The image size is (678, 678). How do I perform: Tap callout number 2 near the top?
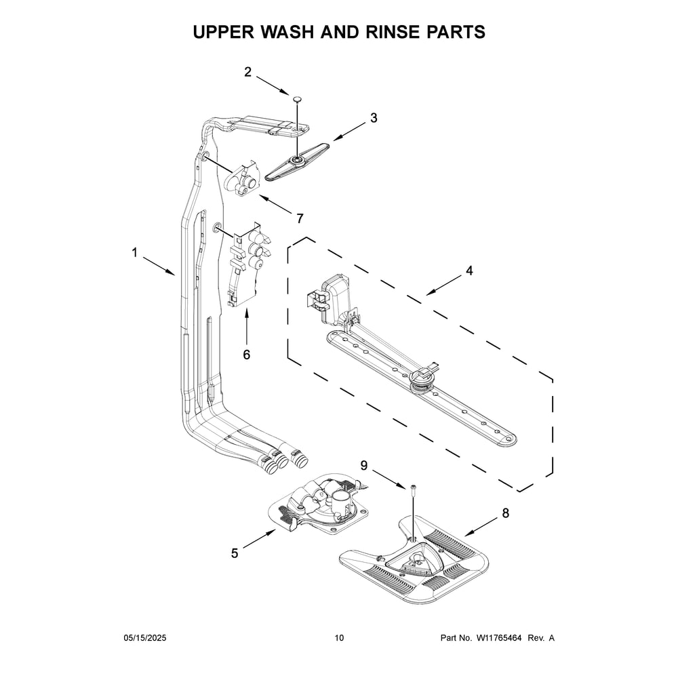[x=248, y=72]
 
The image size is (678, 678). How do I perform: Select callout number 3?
[x=373, y=118]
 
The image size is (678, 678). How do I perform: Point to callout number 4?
[x=468, y=271]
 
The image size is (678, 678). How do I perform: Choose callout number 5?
[x=235, y=553]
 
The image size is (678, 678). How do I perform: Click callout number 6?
[x=246, y=354]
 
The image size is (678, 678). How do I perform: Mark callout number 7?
[x=299, y=218]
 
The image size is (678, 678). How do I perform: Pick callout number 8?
[x=505, y=513]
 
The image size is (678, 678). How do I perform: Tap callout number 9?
[x=364, y=465]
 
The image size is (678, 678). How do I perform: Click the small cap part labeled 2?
[x=297, y=100]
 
